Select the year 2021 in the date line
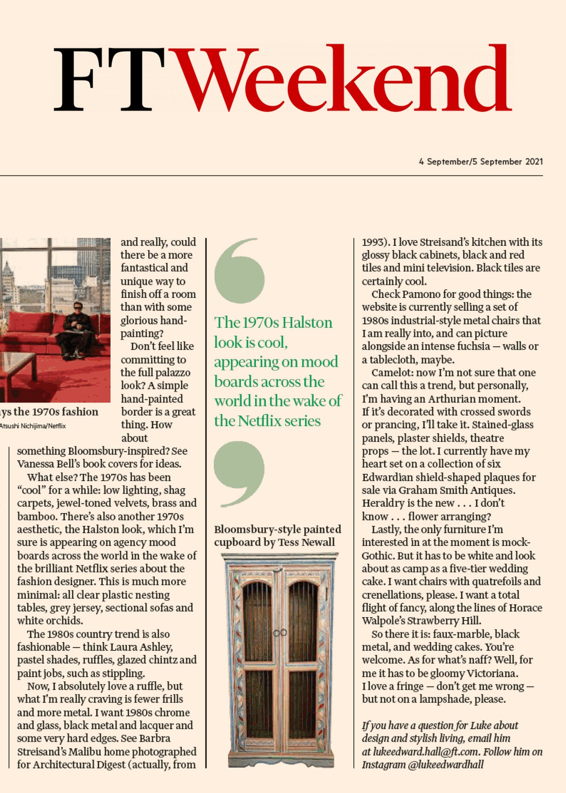pos(534,162)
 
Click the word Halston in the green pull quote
pos(307,322)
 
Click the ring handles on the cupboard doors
pos(279,633)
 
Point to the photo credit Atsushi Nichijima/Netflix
pos(33,426)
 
